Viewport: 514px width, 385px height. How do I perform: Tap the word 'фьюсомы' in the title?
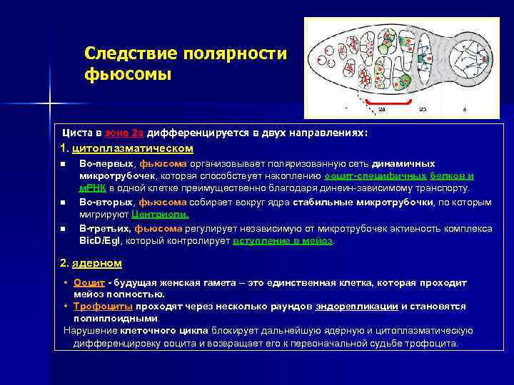128,73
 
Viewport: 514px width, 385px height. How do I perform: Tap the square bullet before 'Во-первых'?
63,164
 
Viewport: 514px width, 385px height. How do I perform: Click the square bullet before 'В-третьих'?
63,229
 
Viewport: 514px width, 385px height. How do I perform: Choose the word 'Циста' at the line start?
75,133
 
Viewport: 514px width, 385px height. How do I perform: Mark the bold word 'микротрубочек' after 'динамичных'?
114,175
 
